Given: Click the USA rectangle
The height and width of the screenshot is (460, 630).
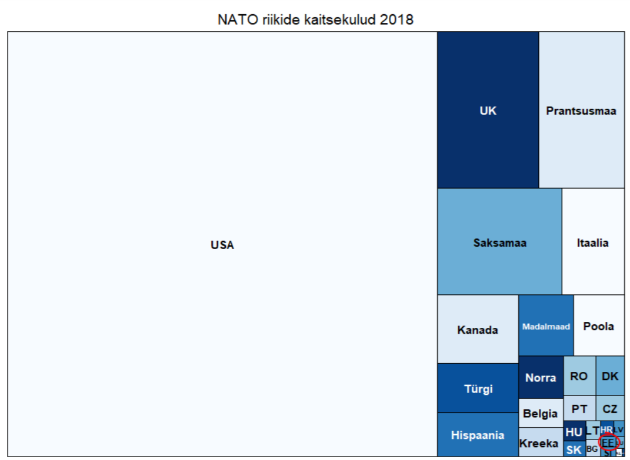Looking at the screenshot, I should pyautogui.click(x=222, y=244).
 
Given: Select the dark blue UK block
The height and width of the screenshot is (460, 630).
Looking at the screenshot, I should pyautogui.click(x=488, y=110).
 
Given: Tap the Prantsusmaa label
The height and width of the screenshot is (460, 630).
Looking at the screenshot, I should pyautogui.click(x=581, y=110).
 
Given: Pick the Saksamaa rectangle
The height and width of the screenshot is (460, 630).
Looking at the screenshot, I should pyautogui.click(x=499, y=242).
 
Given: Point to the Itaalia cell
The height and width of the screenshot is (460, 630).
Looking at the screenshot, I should pyautogui.click(x=592, y=242).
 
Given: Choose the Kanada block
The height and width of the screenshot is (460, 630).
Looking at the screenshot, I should pyautogui.click(x=477, y=330).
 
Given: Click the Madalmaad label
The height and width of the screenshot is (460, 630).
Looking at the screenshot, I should pyautogui.click(x=546, y=326).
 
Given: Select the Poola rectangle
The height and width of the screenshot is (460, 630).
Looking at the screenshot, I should pyautogui.click(x=598, y=326).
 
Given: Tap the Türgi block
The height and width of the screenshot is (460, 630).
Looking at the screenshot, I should pyautogui.click(x=478, y=388).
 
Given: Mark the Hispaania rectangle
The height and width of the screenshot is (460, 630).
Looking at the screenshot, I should pyautogui.click(x=477, y=435).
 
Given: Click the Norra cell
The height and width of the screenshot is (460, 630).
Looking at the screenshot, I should pyautogui.click(x=540, y=377).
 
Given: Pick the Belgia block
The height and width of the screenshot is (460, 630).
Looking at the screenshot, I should pyautogui.click(x=540, y=414).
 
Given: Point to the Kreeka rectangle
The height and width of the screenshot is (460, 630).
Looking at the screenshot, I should pyautogui.click(x=538, y=444).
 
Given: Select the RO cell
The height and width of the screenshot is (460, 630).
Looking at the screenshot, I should pyautogui.click(x=579, y=376).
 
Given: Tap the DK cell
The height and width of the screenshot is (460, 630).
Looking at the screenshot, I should pyautogui.click(x=610, y=376).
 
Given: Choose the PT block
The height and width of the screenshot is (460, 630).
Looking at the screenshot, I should pyautogui.click(x=579, y=408).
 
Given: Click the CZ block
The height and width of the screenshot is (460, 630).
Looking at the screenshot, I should pyautogui.click(x=610, y=408).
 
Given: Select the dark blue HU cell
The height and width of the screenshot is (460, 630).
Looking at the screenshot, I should pyautogui.click(x=574, y=432).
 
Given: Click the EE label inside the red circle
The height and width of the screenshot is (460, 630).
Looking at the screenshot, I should pyautogui.click(x=608, y=442).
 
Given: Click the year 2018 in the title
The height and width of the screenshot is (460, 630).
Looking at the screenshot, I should pyautogui.click(x=396, y=19).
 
